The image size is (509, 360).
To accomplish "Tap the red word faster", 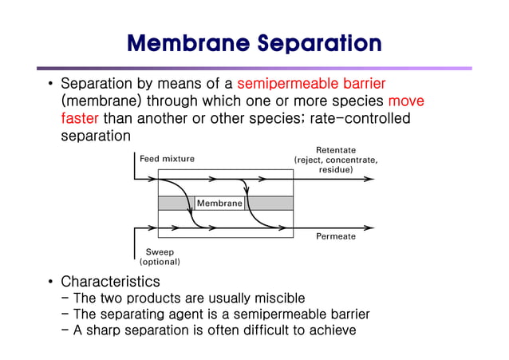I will coord(81,118).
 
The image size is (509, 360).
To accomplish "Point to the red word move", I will coord(405,101).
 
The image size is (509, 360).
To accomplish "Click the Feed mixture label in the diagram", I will coord(167,159).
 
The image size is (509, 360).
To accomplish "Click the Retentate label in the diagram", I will coord(336,150).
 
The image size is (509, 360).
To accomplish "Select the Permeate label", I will coord(336,236).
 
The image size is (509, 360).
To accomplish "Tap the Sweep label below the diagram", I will coord(160,251).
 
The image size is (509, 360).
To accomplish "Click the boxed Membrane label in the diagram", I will coord(219,204).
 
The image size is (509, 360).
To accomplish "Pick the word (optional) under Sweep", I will coord(160,262).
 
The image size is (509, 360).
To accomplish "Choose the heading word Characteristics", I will coord(110,282).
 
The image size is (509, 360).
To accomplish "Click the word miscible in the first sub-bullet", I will coord(276,299).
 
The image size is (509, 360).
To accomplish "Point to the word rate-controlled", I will coord(360,118).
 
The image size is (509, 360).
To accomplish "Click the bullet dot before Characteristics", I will coord(50,282).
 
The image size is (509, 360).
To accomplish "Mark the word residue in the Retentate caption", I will coord(336,170).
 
